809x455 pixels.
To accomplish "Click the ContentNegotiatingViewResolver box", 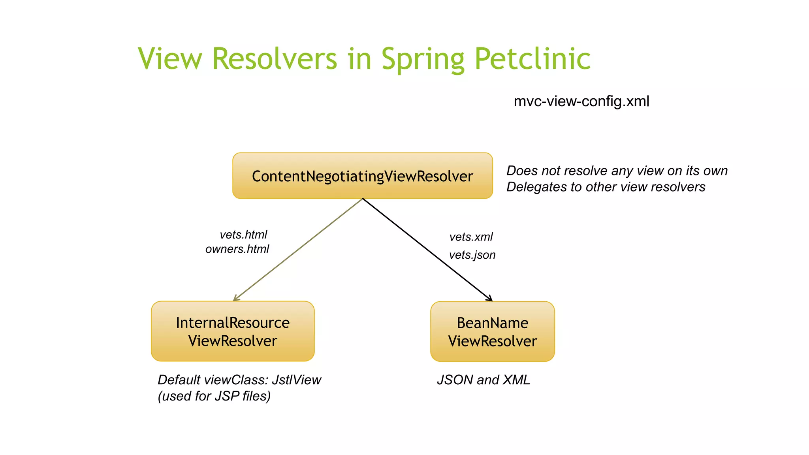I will (362, 176).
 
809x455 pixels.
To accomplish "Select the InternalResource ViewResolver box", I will (233, 331).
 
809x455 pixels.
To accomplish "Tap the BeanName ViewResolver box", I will (492, 332).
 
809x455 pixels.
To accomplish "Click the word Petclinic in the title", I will (532, 59).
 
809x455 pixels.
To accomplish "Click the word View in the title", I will (170, 59).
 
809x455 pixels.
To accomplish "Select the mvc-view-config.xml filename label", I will (581, 102).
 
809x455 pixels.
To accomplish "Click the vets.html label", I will (243, 235).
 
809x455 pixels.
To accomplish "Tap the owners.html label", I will (237, 249).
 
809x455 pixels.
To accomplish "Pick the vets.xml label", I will (471, 237).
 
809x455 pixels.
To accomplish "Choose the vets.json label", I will (472, 255).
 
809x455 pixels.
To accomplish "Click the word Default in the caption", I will (179, 380).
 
